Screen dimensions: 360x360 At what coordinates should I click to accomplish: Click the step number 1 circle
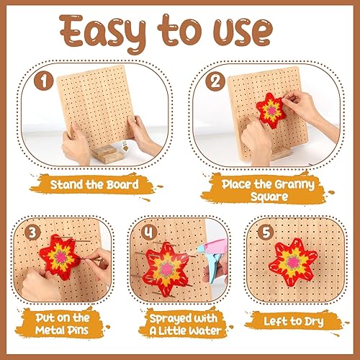click(x=43, y=81)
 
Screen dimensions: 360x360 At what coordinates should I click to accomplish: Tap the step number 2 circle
click(x=215, y=81)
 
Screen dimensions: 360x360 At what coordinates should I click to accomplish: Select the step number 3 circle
click(x=32, y=233)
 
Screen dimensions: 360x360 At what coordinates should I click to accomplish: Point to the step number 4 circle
click(x=149, y=233)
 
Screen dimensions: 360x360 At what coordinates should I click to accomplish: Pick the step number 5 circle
click(x=266, y=233)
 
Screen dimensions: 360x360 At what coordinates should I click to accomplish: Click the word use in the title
click(x=243, y=32)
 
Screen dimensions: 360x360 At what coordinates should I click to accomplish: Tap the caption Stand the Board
click(x=94, y=185)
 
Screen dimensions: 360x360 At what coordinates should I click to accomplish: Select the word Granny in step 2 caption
click(x=294, y=185)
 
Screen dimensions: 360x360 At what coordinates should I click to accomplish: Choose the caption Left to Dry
click(x=294, y=322)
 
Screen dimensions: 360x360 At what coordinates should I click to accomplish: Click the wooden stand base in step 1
click(x=109, y=154)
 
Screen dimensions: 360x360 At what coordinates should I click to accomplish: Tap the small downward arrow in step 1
click(x=125, y=146)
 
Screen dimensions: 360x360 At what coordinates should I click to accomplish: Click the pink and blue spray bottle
click(x=213, y=260)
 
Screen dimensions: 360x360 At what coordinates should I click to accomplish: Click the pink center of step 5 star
click(x=293, y=261)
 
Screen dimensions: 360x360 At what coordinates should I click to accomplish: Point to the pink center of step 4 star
click(x=167, y=269)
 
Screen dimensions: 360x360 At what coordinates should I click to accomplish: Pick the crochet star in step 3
click(x=60, y=257)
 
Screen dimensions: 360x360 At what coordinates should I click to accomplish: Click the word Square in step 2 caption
click(x=269, y=197)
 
